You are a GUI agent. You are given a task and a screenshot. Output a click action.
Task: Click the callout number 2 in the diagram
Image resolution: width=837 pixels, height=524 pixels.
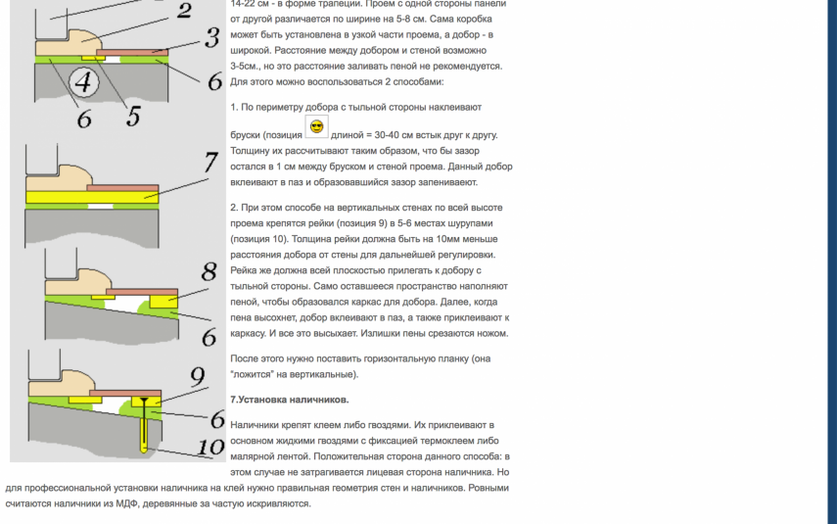pyautogui.click(x=184, y=12)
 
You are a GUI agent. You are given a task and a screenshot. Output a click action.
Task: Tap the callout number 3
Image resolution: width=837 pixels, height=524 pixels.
pyautogui.click(x=210, y=38)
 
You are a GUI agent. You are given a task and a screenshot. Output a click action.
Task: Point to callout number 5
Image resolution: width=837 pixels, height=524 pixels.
pyautogui.click(x=133, y=116)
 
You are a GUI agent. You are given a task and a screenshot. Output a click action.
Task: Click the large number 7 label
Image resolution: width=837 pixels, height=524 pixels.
pyautogui.click(x=209, y=163)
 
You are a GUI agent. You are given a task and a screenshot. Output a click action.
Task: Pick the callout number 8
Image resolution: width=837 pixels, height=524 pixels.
pyautogui.click(x=209, y=272)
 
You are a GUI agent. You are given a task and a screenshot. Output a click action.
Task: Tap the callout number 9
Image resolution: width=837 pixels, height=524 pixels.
pyautogui.click(x=197, y=375)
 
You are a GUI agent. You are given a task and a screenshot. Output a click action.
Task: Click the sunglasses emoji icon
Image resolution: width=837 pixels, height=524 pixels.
pyautogui.click(x=316, y=127)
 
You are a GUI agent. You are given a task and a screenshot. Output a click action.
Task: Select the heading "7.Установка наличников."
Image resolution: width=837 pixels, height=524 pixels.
pyautogui.click(x=289, y=400)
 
